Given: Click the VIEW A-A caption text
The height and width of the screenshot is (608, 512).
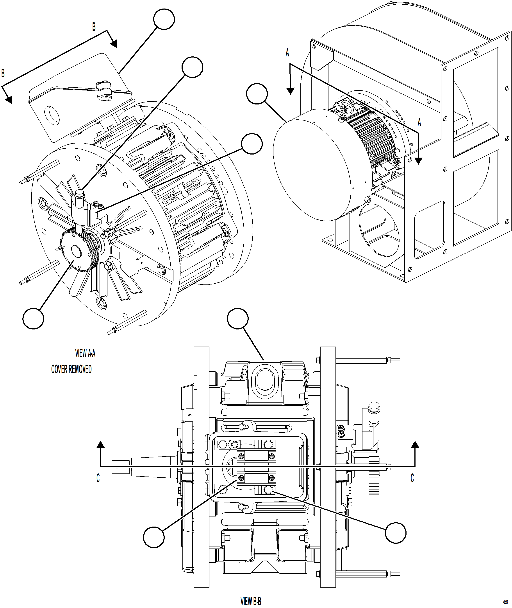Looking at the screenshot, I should [85, 353].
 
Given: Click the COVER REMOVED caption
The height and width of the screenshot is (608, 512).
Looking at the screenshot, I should [71, 369].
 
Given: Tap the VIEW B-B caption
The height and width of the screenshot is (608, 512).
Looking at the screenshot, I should [251, 601].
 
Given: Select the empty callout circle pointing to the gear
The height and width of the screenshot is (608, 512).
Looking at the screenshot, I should [33, 318].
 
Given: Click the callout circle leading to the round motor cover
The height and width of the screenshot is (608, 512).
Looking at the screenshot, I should [257, 94].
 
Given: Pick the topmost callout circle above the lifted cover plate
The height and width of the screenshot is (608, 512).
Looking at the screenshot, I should [164, 19].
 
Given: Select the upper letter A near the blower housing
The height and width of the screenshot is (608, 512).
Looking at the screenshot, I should [287, 53].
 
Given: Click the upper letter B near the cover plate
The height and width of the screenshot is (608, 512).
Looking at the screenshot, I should [94, 27].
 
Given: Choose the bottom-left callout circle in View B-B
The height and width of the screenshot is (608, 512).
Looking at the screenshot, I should [154, 537].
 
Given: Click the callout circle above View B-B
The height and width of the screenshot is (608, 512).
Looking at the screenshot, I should [238, 319].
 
